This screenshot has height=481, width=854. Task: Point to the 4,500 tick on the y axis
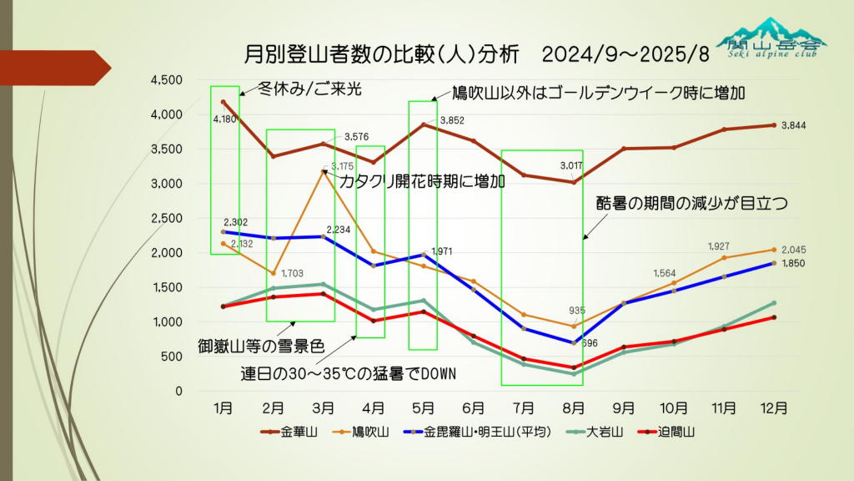point(166,80)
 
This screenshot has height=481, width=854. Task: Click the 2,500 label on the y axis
point(166,219)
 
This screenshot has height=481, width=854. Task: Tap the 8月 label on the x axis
point(573,408)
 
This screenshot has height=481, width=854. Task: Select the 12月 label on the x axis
point(774,408)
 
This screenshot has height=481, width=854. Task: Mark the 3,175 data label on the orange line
point(342,167)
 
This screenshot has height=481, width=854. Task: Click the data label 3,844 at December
point(795,126)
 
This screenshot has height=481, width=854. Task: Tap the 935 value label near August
point(577,311)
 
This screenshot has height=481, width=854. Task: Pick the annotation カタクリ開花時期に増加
point(421,181)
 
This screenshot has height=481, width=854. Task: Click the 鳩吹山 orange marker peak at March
point(323,172)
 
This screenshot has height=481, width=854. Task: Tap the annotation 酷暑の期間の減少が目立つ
point(691,203)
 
